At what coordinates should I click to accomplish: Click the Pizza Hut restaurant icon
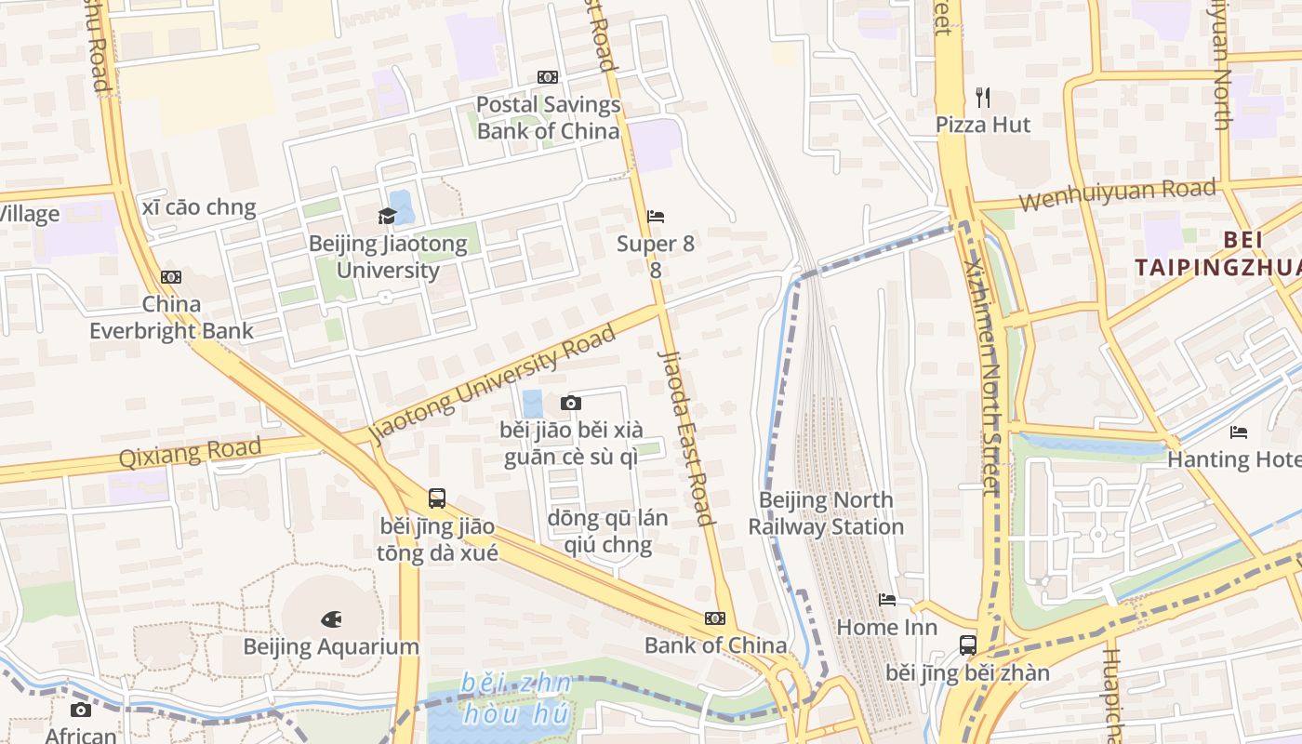click(x=983, y=97)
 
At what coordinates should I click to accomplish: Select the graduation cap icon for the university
click(x=386, y=217)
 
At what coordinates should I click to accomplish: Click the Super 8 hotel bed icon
click(x=656, y=217)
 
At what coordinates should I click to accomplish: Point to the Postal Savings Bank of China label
click(x=548, y=117)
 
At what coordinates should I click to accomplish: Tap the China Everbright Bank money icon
click(x=171, y=277)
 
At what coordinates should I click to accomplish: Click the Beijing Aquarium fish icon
click(x=331, y=618)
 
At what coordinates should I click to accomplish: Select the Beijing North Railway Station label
click(x=826, y=513)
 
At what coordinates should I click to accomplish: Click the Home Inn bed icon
click(x=887, y=600)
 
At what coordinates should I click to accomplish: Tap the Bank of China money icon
click(x=715, y=618)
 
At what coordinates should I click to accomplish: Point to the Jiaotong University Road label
click(x=493, y=383)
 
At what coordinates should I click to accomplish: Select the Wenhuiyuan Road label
click(x=1117, y=194)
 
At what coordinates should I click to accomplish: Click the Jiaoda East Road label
click(x=685, y=437)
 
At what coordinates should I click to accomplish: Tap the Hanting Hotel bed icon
click(x=1239, y=432)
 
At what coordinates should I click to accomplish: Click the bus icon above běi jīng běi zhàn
click(x=967, y=644)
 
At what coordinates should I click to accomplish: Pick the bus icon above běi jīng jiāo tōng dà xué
click(x=437, y=498)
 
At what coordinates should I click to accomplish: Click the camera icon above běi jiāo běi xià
click(x=571, y=403)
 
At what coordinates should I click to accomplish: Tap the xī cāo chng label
click(x=199, y=207)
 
